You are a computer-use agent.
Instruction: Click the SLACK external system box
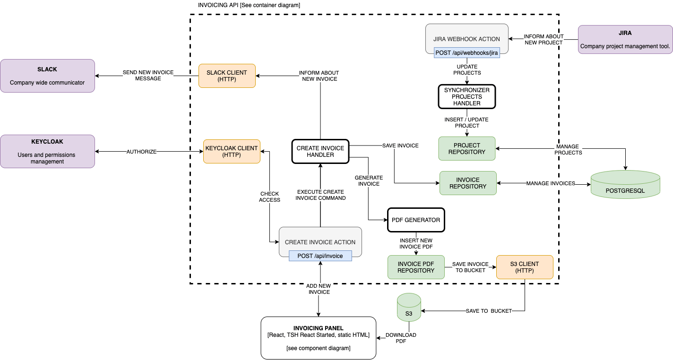[47, 76]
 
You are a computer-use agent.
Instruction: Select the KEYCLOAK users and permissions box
[47, 151]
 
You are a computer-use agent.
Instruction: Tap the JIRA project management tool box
[625, 39]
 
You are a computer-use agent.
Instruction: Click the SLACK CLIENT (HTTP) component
[227, 76]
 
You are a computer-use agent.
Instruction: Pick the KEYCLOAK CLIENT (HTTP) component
[232, 151]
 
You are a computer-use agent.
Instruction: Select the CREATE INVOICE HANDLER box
[320, 151]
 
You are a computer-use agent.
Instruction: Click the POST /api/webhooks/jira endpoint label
[467, 53]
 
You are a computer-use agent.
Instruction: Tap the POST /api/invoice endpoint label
[320, 256]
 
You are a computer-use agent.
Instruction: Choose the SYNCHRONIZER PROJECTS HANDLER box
[467, 96]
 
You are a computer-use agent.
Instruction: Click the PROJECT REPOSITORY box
[467, 148]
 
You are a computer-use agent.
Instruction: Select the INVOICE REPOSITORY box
[468, 183]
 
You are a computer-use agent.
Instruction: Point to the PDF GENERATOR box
[416, 220]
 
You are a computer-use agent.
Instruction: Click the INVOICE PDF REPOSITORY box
[416, 267]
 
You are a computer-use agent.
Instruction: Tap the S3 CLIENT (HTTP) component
[525, 267]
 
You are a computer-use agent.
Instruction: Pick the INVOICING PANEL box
[318, 337]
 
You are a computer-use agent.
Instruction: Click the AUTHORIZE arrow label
[141, 152]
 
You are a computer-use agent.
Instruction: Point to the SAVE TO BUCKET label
[489, 311]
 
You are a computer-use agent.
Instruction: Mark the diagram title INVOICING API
[249, 5]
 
